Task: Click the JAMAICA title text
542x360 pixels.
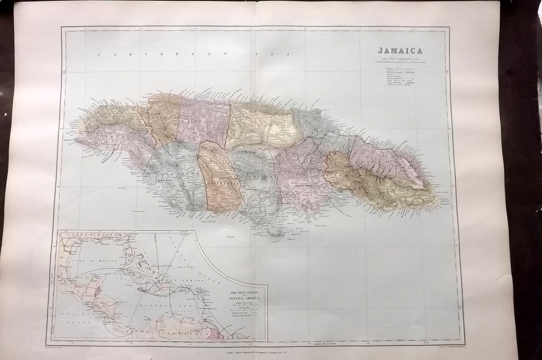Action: (x=400, y=50)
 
